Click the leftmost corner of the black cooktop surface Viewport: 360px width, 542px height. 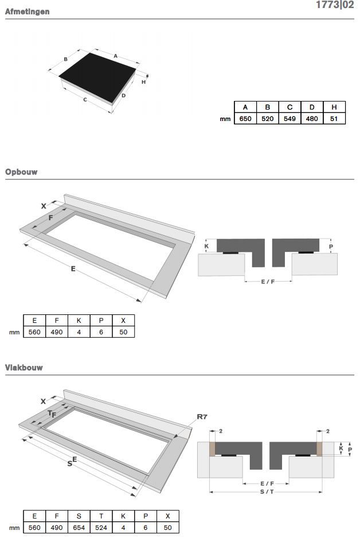[x=58, y=76]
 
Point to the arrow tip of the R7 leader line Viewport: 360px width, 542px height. [x=174, y=438]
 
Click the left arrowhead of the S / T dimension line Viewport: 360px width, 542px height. [x=210, y=492]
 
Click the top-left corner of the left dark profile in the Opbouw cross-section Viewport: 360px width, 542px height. [x=217, y=239]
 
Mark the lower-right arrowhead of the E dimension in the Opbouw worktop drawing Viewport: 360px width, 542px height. [x=140, y=301]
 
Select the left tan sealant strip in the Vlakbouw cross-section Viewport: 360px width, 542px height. [x=212, y=449]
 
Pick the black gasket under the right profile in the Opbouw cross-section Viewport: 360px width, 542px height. [x=306, y=252]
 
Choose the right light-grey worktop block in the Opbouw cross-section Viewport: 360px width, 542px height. [x=315, y=264]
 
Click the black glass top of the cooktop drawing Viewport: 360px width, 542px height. [x=97, y=77]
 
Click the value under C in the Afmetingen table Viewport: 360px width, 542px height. [x=289, y=119]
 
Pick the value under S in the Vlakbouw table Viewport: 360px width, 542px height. [x=79, y=528]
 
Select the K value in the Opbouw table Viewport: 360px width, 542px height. [x=79, y=332]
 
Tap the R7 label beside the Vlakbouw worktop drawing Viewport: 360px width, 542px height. [x=202, y=416]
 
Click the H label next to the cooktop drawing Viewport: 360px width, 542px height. [x=143, y=82]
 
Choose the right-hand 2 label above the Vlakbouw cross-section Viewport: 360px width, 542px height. [x=328, y=431]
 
